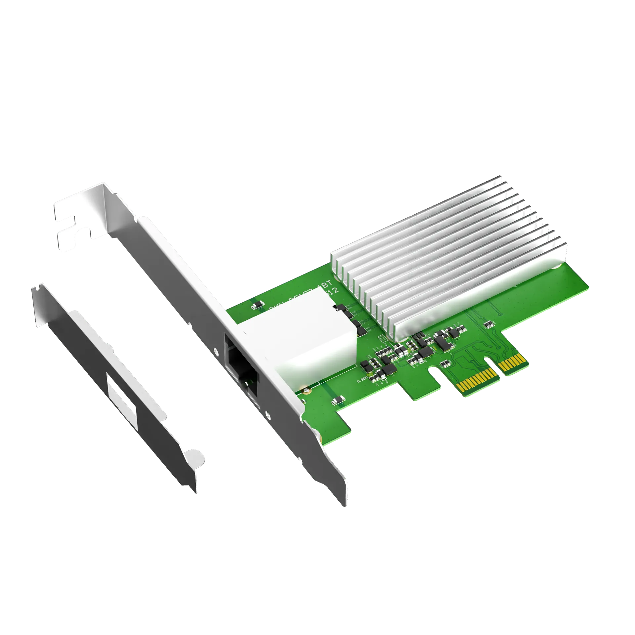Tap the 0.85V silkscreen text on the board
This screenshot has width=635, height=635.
(362, 381)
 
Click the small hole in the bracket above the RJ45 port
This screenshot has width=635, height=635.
(216, 350)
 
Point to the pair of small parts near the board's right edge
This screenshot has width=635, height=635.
(487, 324)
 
